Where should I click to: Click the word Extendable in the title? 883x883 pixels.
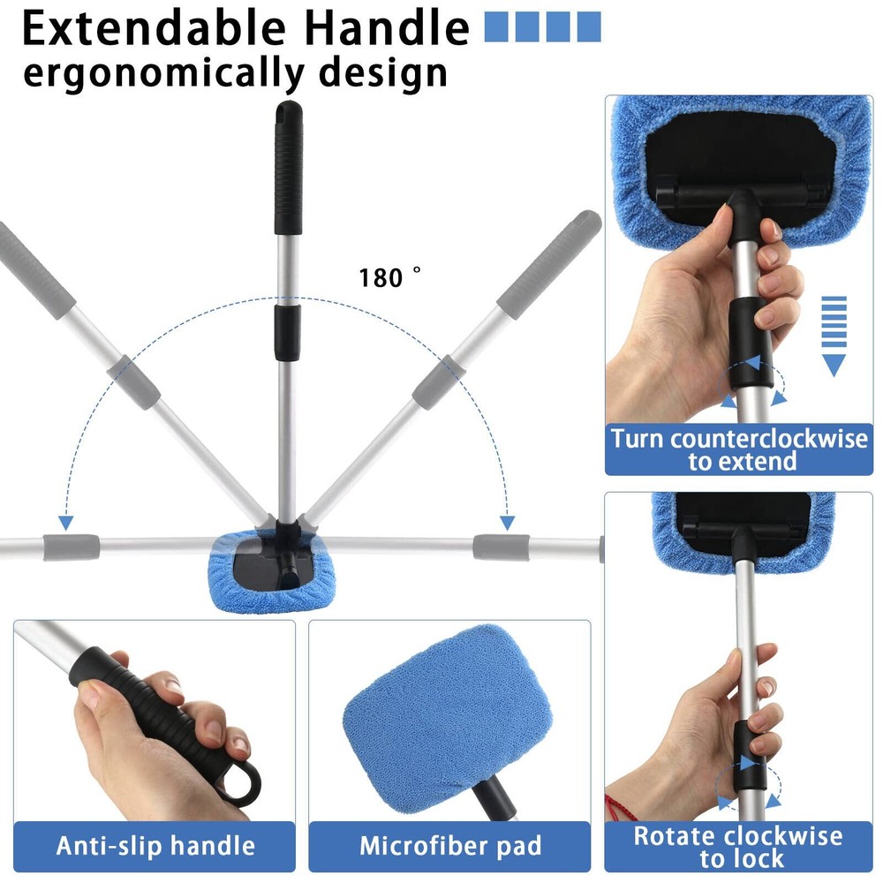[x=154, y=28]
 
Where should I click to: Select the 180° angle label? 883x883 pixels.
[x=389, y=277]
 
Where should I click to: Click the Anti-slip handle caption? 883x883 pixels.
[x=155, y=846]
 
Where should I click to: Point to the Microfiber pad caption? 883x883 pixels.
[x=450, y=846]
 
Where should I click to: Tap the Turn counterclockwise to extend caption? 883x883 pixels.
[x=739, y=450]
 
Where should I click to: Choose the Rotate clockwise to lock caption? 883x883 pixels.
[x=738, y=847]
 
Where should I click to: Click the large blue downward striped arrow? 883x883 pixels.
[x=834, y=336]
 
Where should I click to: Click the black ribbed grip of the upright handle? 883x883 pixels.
[x=289, y=167]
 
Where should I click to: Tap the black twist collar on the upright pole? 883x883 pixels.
[x=287, y=332]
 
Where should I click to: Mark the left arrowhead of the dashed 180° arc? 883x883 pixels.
[x=66, y=523]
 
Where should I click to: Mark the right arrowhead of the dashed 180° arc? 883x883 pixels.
[x=507, y=523]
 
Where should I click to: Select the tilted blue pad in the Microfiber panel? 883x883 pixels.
[x=448, y=711]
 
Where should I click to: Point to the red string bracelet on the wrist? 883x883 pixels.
[x=620, y=805]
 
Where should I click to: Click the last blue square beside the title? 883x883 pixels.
[x=589, y=27]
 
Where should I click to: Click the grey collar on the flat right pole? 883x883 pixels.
[x=502, y=548]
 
